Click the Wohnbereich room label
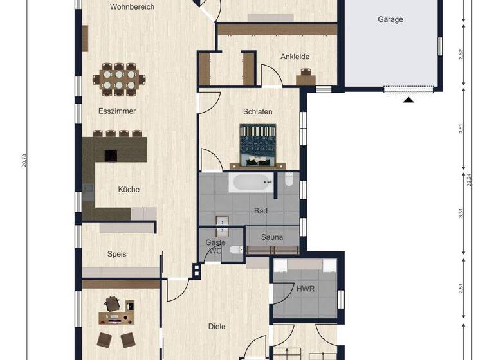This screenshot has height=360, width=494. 132,7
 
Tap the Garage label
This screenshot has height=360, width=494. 390,19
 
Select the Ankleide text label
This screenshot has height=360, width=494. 295,57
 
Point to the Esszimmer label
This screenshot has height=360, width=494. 117,111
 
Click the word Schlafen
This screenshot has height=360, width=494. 257,111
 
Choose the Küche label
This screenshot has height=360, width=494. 129,190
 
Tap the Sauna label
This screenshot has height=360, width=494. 272,237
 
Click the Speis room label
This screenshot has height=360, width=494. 116,254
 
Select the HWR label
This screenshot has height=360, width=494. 306,289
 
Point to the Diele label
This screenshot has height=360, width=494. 217,327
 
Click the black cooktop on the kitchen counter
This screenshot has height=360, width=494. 111,155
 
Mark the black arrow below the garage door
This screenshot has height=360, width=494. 408,100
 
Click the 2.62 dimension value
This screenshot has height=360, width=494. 461,55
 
